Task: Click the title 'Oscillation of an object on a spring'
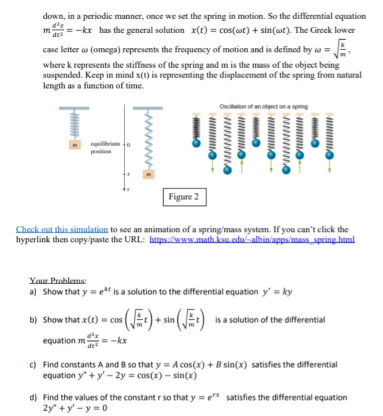pyautogui.click(x=263, y=106)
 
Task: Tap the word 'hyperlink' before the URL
pyautogui.click(x=37, y=239)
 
